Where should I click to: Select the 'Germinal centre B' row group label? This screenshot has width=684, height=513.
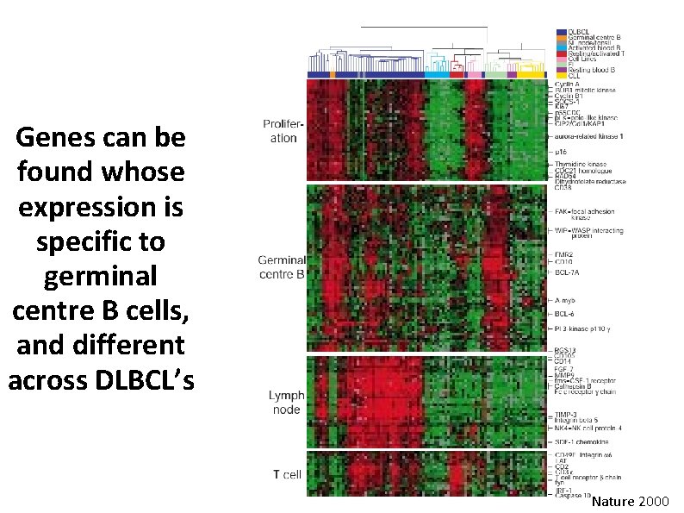[x=281, y=268]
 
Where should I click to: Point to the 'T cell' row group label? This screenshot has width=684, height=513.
[x=287, y=473]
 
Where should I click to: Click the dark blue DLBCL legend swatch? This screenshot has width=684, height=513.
[x=561, y=32]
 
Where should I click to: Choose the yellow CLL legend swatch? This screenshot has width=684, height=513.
[x=561, y=76]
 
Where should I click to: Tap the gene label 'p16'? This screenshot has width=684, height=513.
[x=562, y=151]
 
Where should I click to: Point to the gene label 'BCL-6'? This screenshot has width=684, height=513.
[x=565, y=314]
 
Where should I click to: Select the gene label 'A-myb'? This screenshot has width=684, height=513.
[x=566, y=300]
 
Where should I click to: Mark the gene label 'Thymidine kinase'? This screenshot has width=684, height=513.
[x=580, y=164]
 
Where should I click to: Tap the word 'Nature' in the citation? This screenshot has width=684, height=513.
[x=612, y=500]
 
